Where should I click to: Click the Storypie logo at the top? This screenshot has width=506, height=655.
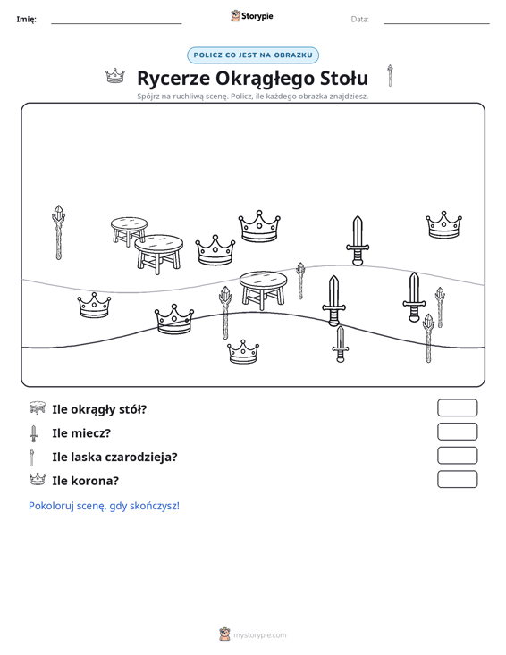252,16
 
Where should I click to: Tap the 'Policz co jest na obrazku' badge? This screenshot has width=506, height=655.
253,55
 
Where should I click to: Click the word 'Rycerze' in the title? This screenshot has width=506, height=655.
173,78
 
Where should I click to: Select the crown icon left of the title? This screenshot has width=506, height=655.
115,76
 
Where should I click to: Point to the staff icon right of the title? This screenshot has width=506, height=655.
390,76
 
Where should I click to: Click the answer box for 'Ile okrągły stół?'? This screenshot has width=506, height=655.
457,407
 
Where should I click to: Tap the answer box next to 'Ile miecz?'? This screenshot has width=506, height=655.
457,432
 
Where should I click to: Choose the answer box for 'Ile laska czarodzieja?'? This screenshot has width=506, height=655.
457,456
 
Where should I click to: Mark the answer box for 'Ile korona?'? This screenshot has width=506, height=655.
457,479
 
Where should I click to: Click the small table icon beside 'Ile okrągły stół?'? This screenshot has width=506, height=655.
38,407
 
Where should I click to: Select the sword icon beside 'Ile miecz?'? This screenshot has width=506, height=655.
33,433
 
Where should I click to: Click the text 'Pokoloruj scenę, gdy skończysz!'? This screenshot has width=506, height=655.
104,506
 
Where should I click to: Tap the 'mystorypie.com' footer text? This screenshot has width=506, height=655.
259,635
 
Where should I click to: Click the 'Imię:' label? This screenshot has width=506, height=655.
26,20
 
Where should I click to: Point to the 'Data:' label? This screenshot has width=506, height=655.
359,20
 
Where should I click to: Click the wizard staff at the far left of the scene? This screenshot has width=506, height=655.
58,232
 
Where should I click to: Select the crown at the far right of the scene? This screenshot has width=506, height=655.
443,225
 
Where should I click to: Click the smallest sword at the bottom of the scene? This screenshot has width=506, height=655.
340,344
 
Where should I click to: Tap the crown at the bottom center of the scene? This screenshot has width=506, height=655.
243,352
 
